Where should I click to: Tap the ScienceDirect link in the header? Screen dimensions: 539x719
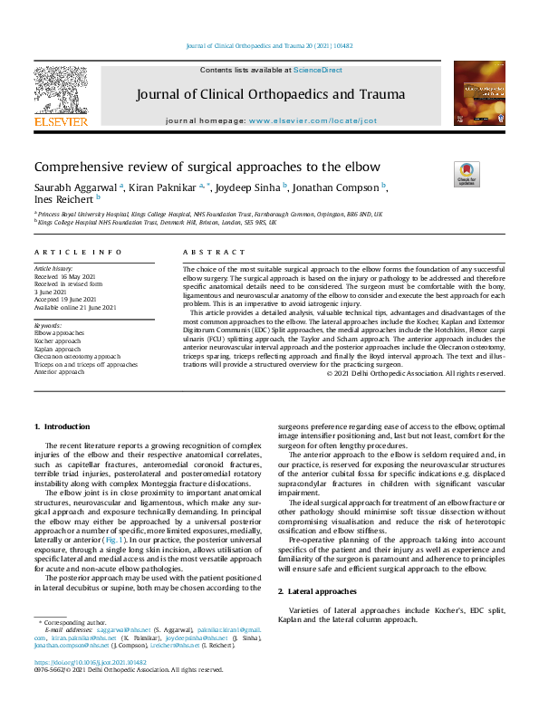(317, 70)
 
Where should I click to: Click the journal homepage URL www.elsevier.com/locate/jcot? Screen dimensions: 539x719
(313, 120)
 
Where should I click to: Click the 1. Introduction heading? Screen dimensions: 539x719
(63, 426)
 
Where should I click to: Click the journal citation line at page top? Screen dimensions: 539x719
(268, 44)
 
